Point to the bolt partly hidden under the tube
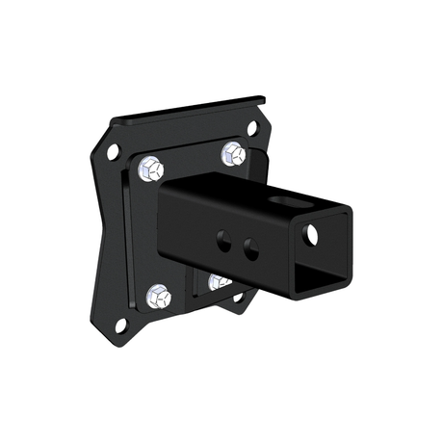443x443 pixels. [219, 281]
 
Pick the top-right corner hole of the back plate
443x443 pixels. [252, 127]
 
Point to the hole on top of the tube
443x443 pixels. [286, 201]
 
